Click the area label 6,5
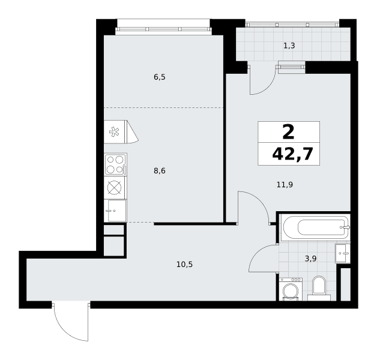click(160, 77)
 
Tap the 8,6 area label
click(160, 171)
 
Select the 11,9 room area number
click(285, 185)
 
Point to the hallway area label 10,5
click(185, 265)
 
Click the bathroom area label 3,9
click(310, 259)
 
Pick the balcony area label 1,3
click(289, 46)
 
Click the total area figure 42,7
click(292, 154)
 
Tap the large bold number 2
click(289, 133)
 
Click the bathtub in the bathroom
click(315, 227)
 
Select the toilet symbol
click(319, 289)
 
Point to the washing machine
click(291, 289)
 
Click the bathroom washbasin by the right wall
click(343, 253)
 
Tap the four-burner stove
click(116, 164)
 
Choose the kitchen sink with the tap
click(116, 210)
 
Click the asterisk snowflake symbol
click(114, 132)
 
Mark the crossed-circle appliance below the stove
click(114, 187)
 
